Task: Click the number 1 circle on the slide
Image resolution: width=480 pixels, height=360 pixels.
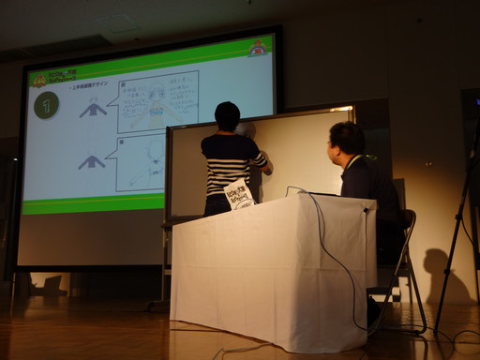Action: (46, 104)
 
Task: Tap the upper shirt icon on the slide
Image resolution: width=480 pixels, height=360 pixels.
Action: (92, 110)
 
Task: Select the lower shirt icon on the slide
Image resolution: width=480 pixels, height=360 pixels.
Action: (91, 162)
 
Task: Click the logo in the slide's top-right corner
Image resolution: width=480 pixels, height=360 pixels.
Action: (257, 48)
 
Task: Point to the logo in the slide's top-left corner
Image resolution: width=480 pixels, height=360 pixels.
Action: (39, 81)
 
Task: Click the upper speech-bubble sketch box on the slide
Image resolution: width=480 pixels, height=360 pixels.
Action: (157, 101)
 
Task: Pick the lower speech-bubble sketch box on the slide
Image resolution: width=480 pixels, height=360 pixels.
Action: (141, 162)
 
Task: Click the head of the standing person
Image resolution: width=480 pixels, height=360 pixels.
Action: (228, 116)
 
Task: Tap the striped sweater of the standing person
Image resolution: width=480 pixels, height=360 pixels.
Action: (231, 163)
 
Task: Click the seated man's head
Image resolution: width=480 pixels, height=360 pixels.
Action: (347, 141)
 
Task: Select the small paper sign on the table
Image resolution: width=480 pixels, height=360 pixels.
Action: (238, 194)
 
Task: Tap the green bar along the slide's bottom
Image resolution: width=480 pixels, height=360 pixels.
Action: (93, 203)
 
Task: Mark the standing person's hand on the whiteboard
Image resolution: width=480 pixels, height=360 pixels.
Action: (268, 170)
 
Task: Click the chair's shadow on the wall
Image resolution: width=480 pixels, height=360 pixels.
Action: (437, 272)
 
